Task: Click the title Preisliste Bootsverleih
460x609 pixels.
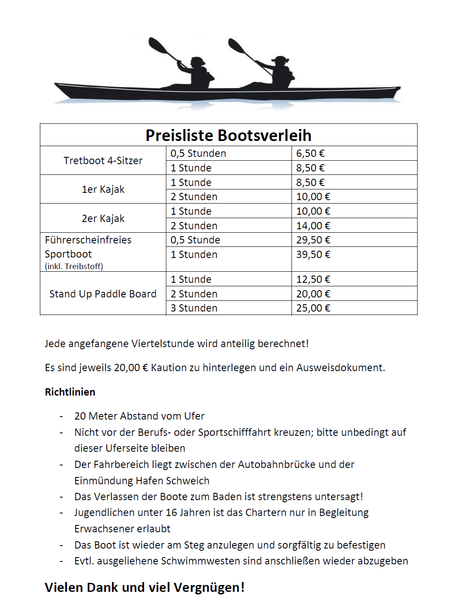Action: point(228,135)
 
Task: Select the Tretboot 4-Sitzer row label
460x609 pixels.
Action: point(103,161)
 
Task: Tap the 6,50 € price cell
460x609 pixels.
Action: point(310,153)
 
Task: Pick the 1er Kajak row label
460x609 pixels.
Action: point(103,189)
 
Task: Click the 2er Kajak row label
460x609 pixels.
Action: point(103,219)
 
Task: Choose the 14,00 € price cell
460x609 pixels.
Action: point(313,226)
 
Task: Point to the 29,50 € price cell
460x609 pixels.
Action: point(313,240)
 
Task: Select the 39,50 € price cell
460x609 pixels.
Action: point(313,255)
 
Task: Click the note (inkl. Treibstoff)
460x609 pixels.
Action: point(74,266)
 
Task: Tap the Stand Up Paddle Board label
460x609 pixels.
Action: point(103,294)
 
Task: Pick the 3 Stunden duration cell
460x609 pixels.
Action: point(194,308)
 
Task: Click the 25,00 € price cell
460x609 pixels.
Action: point(313,308)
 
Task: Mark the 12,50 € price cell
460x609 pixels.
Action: point(313,279)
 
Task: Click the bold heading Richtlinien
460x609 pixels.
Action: point(70,392)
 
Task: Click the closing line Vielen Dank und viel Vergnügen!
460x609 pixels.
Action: point(144,588)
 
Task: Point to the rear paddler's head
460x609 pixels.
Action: point(198,61)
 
